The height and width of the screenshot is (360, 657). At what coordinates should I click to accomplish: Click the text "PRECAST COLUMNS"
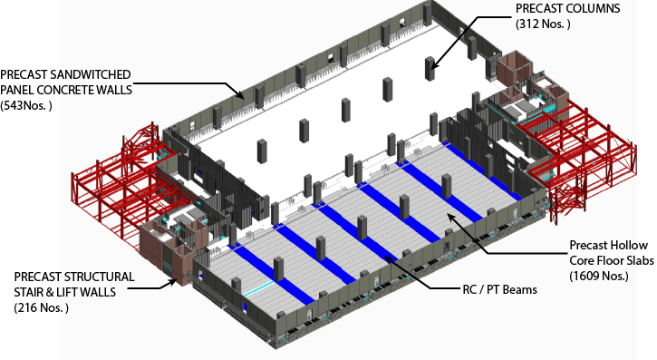coord(567,8)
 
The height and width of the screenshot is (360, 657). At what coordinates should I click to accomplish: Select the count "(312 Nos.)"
coord(543,24)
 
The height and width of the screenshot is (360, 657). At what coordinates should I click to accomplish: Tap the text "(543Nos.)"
coord(26,105)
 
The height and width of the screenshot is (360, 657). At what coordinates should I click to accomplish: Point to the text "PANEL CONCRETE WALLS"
coord(66,90)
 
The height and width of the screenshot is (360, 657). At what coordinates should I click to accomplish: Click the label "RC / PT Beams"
coord(499,289)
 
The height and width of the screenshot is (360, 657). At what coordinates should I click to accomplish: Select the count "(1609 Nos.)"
coord(599,276)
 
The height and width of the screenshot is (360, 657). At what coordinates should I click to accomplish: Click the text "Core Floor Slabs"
coord(612,260)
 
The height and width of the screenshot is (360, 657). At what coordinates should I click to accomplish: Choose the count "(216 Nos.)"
coord(41,307)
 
